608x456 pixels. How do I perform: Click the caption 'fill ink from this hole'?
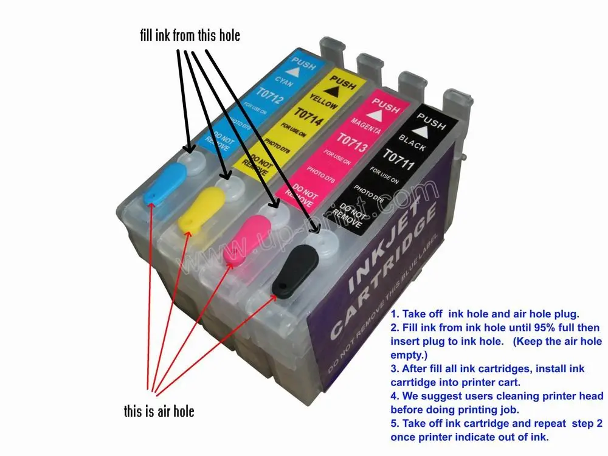click(x=190, y=35)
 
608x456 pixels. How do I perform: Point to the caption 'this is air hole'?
click(x=159, y=412)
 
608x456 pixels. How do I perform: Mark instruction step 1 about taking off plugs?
click(x=485, y=315)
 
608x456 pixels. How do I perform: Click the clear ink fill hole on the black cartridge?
click(x=319, y=246)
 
